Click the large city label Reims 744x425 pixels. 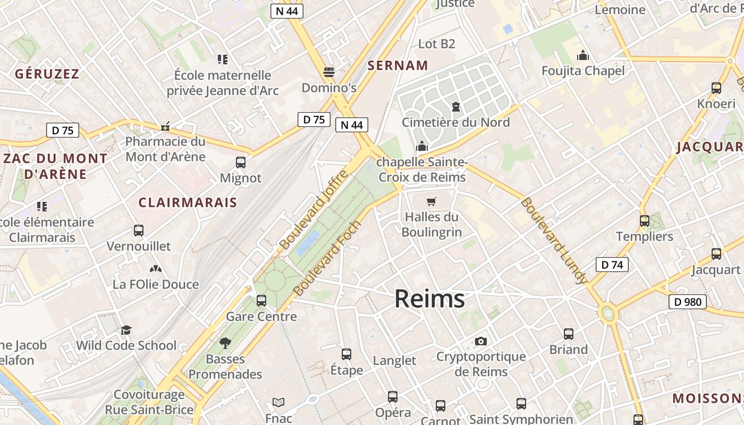click(x=429, y=299)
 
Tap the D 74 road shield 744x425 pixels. click(x=612, y=265)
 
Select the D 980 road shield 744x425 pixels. click(x=687, y=302)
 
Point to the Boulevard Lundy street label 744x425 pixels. click(x=554, y=241)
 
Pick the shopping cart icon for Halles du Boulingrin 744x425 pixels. click(x=431, y=202)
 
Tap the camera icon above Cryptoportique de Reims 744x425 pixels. click(x=481, y=341)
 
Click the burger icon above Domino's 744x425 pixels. click(x=329, y=72)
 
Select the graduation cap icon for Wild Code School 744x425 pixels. click(x=126, y=330)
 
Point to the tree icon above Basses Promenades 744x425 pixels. click(x=225, y=343)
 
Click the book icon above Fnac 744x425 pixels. click(x=278, y=403)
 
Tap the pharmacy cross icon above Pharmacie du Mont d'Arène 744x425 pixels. click(x=166, y=126)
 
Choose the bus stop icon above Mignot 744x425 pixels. click(x=241, y=163)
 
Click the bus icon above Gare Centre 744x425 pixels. click(x=261, y=301)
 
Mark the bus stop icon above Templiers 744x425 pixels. click(x=645, y=221)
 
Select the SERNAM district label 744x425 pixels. click(x=398, y=65)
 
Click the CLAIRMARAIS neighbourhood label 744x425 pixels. click(x=188, y=202)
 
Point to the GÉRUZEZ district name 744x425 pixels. click(x=47, y=74)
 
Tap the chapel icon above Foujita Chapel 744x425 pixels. click(x=583, y=55)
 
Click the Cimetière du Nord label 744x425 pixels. click(x=455, y=122)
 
